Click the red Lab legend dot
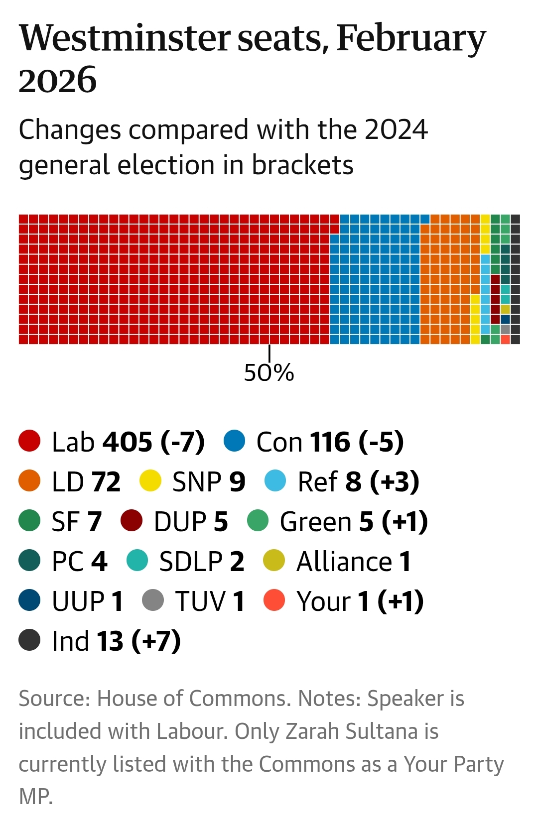tap(29, 441)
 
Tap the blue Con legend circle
tap(234, 441)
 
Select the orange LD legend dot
tap(29, 481)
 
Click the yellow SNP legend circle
tap(150, 481)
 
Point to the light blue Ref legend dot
tap(275, 481)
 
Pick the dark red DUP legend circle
tap(132, 521)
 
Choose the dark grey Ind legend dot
tap(29, 640)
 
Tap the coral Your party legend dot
tap(274, 600)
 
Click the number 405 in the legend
tap(128, 442)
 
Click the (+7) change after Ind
tap(156, 641)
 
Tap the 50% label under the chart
tap(269, 372)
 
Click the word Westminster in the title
tap(125, 38)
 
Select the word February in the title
tap(411, 38)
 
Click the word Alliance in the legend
tap(344, 561)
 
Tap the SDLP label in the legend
tap(191, 561)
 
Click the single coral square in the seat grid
tap(505, 340)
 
